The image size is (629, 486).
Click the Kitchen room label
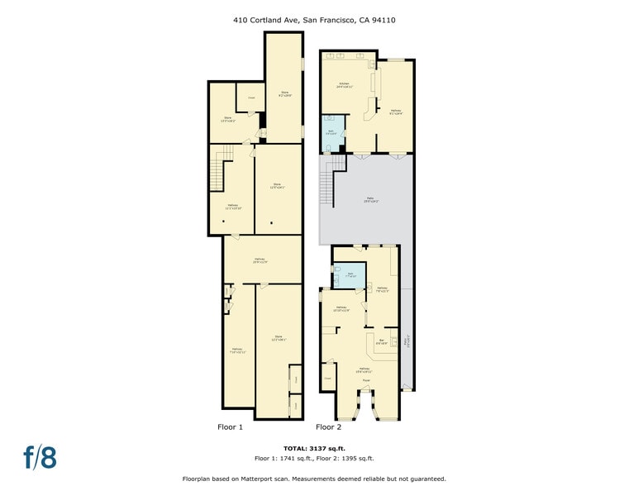345,84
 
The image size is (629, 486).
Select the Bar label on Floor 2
382,341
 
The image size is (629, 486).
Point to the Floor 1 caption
230,427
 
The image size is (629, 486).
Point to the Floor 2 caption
328,427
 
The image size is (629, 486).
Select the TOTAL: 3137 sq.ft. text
313,447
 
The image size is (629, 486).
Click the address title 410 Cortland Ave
313,20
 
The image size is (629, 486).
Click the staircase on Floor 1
217,174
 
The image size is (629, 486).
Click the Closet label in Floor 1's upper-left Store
250,98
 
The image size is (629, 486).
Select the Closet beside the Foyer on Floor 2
327,378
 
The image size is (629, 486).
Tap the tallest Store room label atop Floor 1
284,93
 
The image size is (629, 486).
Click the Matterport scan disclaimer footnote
313,479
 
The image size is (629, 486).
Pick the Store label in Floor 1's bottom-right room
279,338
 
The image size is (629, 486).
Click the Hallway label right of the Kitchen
395,112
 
